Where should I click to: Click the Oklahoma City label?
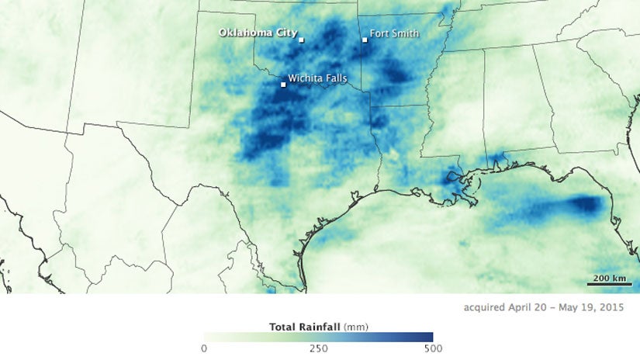pyautogui.click(x=257, y=33)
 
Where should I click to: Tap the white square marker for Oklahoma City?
pyautogui.click(x=302, y=40)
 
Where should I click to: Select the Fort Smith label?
pyautogui.click(x=394, y=33)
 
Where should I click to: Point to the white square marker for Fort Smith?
pyautogui.click(x=365, y=40)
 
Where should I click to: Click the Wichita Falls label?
pyautogui.click(x=317, y=78)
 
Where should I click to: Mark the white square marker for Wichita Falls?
pyautogui.click(x=283, y=85)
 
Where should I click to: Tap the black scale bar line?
pyautogui.click(x=609, y=285)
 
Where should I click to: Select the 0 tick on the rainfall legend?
pyautogui.click(x=204, y=348)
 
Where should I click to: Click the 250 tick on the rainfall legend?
pyautogui.click(x=317, y=348)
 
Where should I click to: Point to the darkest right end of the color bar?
pyautogui.click(x=429, y=336)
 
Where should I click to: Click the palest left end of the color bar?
pyautogui.click(x=206, y=336)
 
